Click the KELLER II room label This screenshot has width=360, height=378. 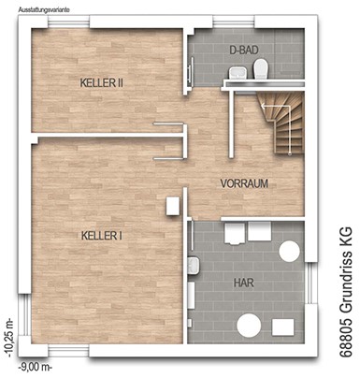coord(102,83)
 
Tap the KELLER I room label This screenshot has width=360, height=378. coord(102,236)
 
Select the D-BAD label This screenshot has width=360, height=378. coord(244,51)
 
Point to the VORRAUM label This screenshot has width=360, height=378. coord(244,183)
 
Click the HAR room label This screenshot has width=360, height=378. coord(244,283)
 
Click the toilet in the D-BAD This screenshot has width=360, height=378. coord(261,69)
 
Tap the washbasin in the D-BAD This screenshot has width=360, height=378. coord(238,73)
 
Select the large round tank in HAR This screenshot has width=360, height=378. coord(249,326)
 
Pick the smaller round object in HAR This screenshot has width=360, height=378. coord(289,252)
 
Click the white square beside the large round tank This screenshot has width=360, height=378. coord(282,327)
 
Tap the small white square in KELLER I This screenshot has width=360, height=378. coord(172,206)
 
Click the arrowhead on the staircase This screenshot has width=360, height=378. coord(263,107)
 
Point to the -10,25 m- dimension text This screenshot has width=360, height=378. coord(9,338)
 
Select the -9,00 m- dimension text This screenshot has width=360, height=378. coord(35,367)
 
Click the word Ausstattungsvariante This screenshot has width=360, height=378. coord(44,9)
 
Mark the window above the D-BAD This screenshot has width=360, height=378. coord(234,22)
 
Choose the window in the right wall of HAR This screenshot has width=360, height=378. coord(310,283)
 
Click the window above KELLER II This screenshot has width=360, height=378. coord(68,22)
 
